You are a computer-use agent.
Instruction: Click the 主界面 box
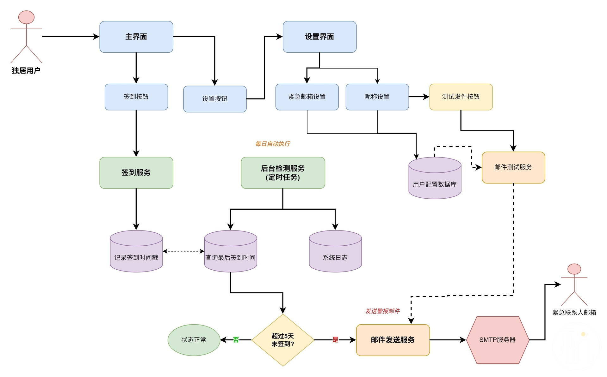click(x=136, y=37)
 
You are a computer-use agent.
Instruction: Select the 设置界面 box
click(x=319, y=37)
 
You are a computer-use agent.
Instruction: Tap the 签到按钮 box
click(x=136, y=97)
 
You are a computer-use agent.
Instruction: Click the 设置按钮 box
click(x=215, y=99)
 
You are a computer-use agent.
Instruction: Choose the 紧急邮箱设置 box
click(x=307, y=97)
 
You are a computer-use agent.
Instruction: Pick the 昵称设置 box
click(x=377, y=97)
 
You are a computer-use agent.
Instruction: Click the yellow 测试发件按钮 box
click(x=461, y=97)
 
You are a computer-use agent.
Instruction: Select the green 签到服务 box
click(x=136, y=172)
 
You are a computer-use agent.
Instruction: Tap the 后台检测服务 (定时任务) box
click(x=283, y=172)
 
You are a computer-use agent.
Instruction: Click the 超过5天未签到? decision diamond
click(x=283, y=340)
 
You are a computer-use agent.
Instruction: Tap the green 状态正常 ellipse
click(x=194, y=340)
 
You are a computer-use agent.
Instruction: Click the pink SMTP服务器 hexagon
click(x=498, y=340)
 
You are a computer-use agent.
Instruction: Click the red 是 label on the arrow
click(x=335, y=340)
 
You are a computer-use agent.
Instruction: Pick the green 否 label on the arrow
click(x=236, y=340)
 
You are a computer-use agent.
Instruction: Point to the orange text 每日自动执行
click(x=273, y=144)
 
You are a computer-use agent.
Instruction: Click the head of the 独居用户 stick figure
click(x=26, y=17)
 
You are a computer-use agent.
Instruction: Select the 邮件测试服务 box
click(x=513, y=167)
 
